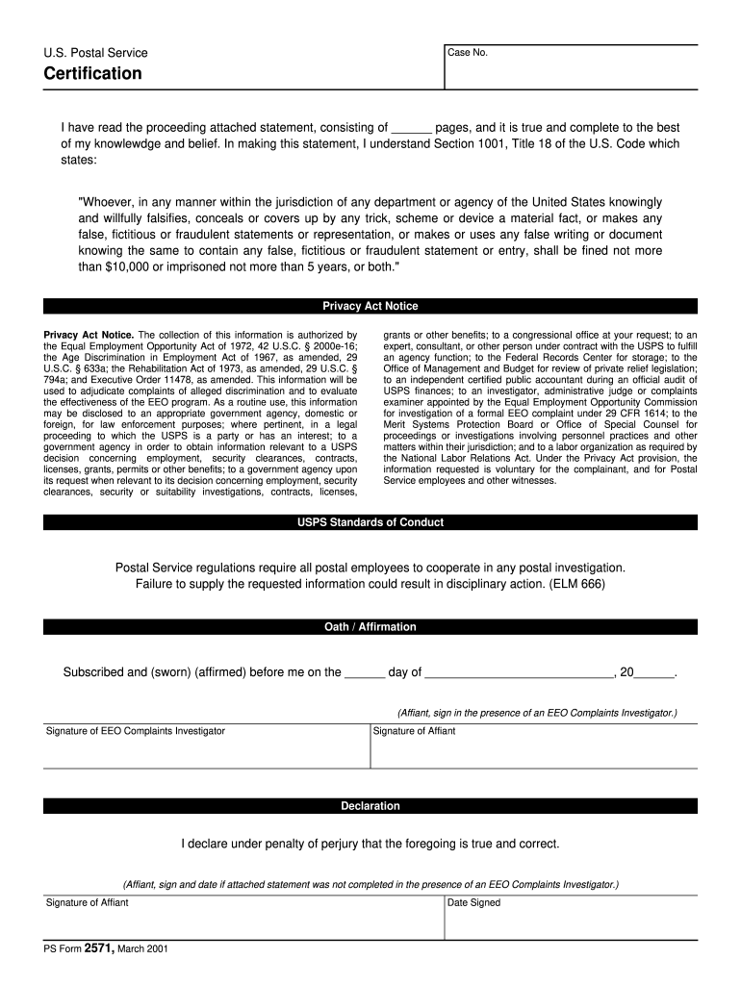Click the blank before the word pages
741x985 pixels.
coord(412,128)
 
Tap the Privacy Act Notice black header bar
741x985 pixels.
coord(370,306)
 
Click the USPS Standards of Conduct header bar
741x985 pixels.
coord(370,522)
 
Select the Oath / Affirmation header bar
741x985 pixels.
coord(370,627)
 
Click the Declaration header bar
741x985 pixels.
coord(370,806)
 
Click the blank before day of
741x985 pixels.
coord(365,673)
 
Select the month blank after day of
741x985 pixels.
coord(519,673)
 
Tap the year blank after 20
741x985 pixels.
coord(654,673)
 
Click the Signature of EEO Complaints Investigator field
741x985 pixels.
coord(206,751)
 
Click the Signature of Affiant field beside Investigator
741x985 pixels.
coord(533,751)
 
